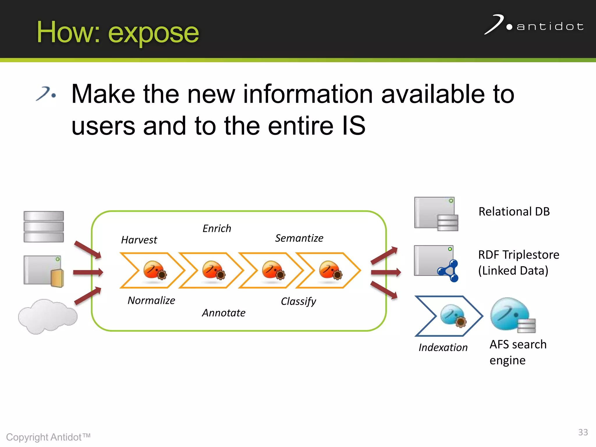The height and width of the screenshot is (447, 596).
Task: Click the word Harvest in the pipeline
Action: (x=139, y=240)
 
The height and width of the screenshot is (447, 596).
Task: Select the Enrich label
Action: (x=217, y=228)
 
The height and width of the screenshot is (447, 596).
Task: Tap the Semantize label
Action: (x=299, y=238)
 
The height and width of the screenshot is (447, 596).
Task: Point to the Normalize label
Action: (x=151, y=300)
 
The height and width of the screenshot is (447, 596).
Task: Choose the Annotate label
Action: (x=223, y=313)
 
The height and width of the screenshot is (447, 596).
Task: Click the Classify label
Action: (x=298, y=301)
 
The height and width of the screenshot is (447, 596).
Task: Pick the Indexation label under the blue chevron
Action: (x=443, y=347)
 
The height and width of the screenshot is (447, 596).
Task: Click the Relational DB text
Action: (x=514, y=212)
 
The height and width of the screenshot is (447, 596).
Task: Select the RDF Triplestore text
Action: (x=519, y=255)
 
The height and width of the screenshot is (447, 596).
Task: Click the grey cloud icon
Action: (x=47, y=316)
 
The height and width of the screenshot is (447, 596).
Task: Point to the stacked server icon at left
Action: (x=44, y=227)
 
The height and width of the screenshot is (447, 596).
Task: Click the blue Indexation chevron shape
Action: (x=448, y=316)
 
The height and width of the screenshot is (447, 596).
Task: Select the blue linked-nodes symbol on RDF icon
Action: (x=449, y=271)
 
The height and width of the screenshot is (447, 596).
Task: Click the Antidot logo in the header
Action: (x=534, y=26)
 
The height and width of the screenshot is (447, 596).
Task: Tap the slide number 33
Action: (x=583, y=432)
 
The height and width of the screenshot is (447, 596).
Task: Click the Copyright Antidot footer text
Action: (x=48, y=437)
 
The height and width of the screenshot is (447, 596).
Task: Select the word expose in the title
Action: (x=153, y=33)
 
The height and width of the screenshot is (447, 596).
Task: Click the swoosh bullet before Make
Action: (x=46, y=94)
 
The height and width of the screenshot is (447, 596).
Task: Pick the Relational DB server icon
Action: (x=436, y=214)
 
